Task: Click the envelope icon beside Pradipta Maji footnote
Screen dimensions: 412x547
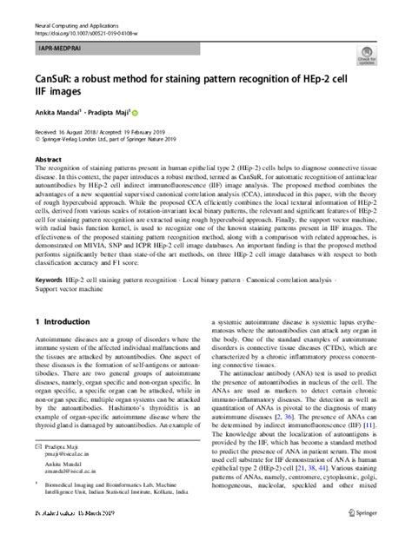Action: pyautogui.click(x=37, y=470)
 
